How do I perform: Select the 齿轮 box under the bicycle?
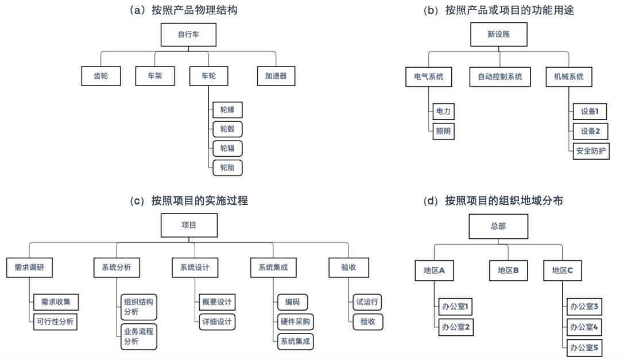point(100,76)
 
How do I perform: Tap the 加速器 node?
point(276,76)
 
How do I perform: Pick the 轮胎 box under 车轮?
point(227,168)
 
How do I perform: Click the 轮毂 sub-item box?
point(227,129)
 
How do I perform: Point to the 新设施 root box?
point(498,34)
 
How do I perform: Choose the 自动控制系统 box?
point(499,76)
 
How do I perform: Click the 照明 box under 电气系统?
point(443,131)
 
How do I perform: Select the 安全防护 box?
point(591,151)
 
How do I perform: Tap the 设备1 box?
point(590,111)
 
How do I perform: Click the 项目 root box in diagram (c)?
point(189,225)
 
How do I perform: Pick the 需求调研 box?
point(25,267)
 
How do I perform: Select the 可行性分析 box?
point(55,322)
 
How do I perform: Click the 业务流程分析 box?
point(138,336)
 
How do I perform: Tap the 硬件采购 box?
point(296,322)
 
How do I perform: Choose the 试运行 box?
point(367,302)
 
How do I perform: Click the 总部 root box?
point(498,226)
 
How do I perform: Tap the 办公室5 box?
point(583,347)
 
